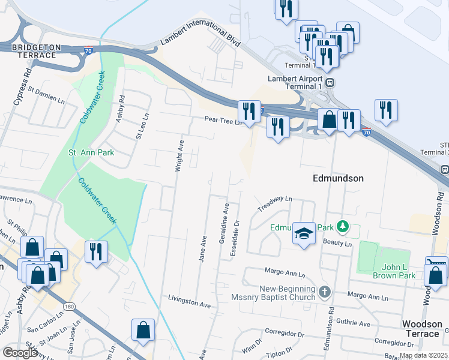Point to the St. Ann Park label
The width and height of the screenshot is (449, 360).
(91, 152)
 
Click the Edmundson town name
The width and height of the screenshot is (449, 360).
(338, 178)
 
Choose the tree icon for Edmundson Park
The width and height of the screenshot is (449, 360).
(342, 227)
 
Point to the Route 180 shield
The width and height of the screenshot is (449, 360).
(70, 307)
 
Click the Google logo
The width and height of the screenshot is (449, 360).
(20, 353)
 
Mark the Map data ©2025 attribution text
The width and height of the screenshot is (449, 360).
(423, 355)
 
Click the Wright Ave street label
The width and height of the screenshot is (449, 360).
(179, 156)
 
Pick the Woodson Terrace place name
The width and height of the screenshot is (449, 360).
(421, 328)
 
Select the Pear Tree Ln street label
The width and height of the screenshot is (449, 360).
(222, 120)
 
